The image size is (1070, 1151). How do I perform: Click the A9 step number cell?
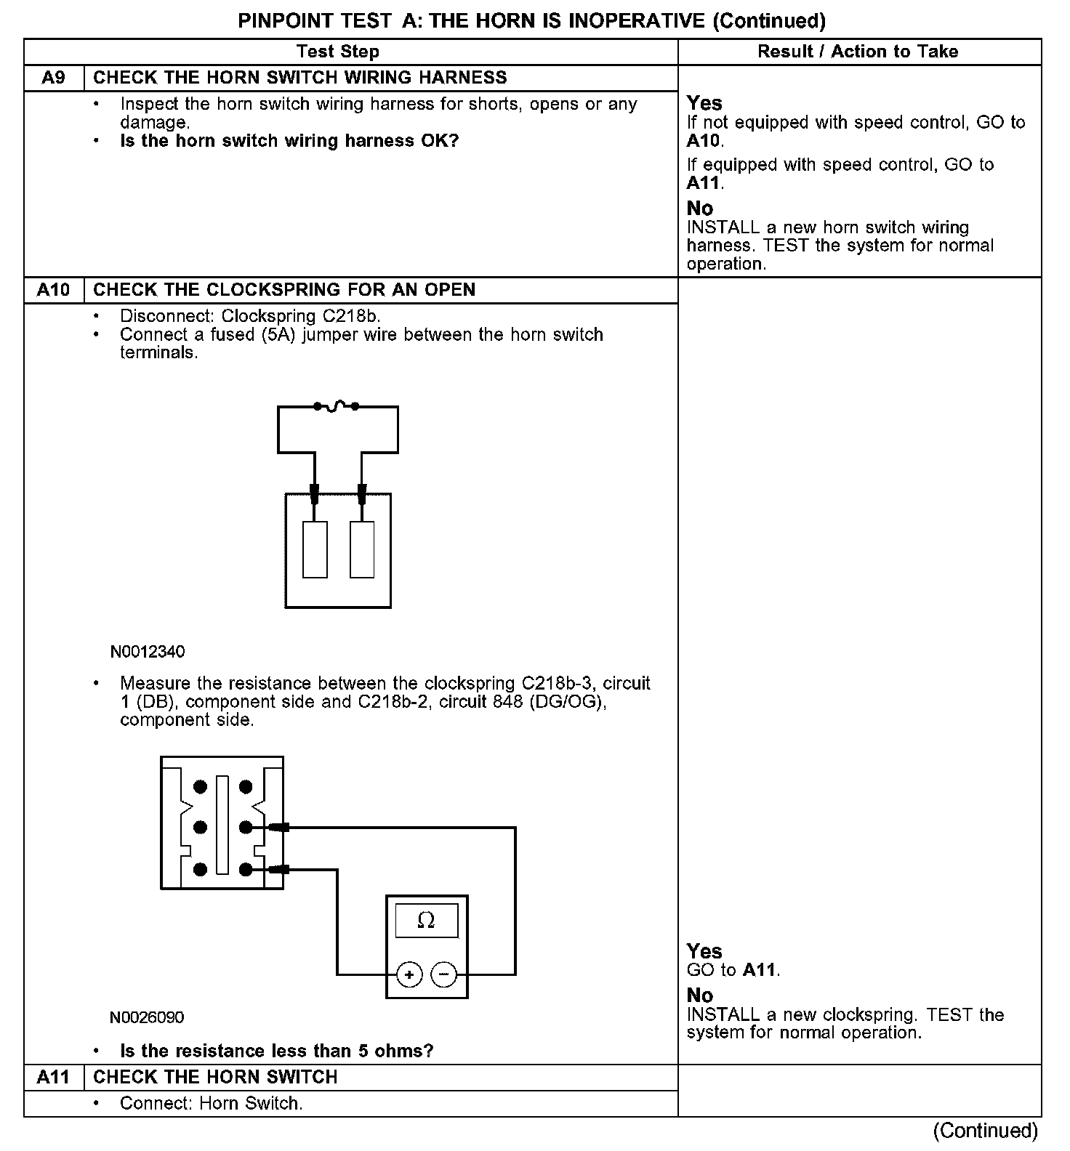(x=54, y=78)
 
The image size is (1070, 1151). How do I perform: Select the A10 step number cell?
(x=54, y=290)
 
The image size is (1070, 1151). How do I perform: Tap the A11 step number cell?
(x=54, y=1077)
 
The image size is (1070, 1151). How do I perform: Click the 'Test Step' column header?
(x=338, y=52)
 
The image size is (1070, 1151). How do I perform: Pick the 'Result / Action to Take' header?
(x=858, y=52)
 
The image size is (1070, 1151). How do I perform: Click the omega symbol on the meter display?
(x=427, y=921)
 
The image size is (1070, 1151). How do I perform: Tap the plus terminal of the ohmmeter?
(x=409, y=974)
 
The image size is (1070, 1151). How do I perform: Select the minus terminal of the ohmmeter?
(x=444, y=974)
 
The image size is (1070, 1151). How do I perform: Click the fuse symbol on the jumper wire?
(x=335, y=407)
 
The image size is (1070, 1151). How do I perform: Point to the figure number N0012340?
(x=148, y=652)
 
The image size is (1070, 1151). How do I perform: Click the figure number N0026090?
(x=147, y=1017)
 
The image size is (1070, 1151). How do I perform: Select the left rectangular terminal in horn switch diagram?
(x=315, y=549)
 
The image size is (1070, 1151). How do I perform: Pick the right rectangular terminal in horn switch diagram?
(x=362, y=549)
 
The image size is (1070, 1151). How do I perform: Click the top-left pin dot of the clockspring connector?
(x=201, y=786)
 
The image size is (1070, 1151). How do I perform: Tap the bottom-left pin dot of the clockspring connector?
(x=201, y=869)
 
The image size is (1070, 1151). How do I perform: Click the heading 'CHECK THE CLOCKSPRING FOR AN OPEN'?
(x=284, y=290)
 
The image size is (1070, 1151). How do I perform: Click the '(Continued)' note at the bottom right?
(x=986, y=1131)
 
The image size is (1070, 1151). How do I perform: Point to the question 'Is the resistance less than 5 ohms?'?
(x=276, y=1051)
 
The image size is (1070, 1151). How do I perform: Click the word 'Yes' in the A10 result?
(x=704, y=951)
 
